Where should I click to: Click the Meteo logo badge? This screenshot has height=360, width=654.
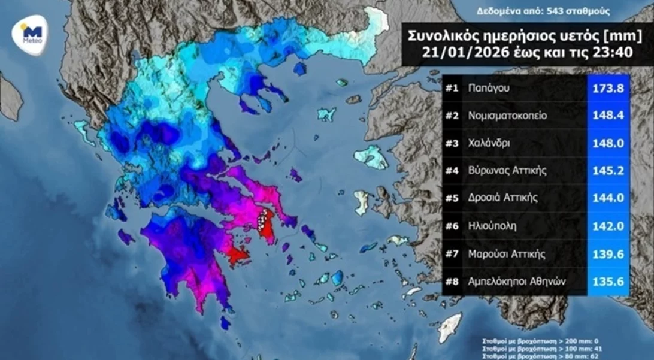(x=31, y=35)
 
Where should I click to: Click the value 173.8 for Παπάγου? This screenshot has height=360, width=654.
(x=608, y=88)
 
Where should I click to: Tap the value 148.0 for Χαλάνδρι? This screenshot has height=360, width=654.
(x=608, y=143)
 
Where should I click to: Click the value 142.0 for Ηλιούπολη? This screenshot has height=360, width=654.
(x=608, y=226)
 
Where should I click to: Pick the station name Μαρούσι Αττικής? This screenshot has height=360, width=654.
(x=507, y=253)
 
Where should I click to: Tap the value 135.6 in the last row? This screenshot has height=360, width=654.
(x=608, y=281)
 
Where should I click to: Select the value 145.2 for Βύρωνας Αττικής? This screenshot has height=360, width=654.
(x=608, y=171)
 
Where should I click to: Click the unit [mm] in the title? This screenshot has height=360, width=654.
(x=605, y=35)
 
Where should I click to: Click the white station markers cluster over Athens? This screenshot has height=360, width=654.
(x=261, y=222)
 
